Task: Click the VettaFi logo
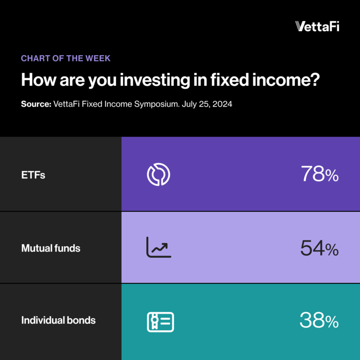317,26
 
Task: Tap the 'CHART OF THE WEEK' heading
66,58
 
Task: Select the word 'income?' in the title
286,80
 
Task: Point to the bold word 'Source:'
36,104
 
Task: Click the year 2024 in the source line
222,104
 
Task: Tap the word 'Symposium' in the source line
156,104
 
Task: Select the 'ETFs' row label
33,175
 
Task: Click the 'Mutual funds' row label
51,248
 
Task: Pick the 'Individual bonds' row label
58,320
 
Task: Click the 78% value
320,174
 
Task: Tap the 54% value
319,248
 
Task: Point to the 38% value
319,320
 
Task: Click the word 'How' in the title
38,80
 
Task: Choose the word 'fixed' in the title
229,79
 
